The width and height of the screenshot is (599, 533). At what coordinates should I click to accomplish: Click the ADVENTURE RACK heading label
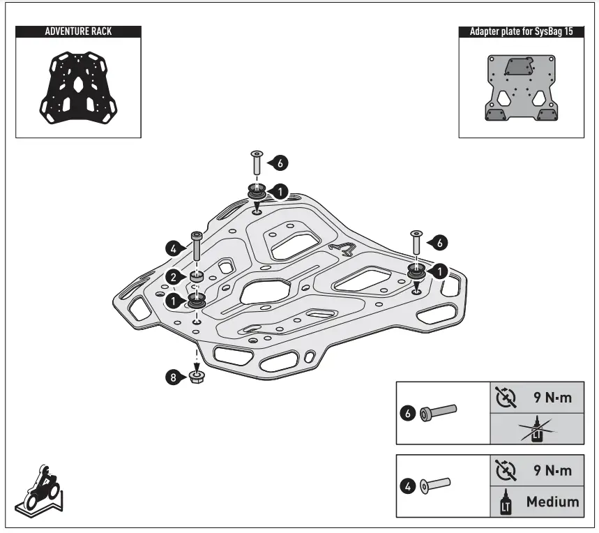pos(78,31)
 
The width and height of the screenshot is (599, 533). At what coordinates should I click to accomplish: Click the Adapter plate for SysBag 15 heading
pos(521,31)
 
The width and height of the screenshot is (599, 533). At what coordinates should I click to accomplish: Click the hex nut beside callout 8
pos(197,378)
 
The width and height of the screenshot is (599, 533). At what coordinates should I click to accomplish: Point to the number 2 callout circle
pos(174,278)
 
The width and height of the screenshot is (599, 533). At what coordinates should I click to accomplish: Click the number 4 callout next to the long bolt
pos(174,246)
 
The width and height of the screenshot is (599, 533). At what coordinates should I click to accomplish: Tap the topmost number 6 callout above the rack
pos(280,163)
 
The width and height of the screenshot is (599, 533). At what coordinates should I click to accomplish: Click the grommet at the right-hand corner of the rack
pos(416,269)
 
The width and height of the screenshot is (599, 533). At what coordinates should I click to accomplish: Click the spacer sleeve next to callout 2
pos(197,278)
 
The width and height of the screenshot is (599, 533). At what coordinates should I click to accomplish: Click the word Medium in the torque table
pos(553,501)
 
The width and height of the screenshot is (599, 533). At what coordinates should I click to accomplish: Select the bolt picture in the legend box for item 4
pos(437,483)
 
